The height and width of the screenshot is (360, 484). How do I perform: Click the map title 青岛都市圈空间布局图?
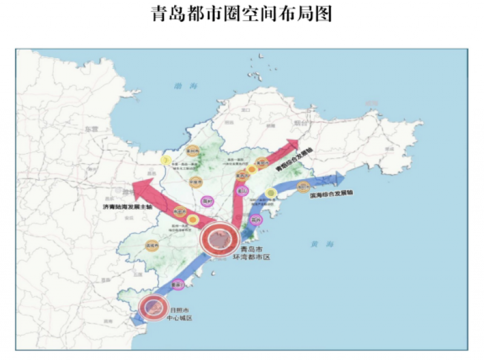[x=241, y=15]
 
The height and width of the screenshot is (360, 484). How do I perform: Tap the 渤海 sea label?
[x=181, y=86]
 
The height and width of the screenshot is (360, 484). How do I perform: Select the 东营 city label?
[x=91, y=129]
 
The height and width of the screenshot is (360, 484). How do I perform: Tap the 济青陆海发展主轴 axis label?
[x=127, y=207]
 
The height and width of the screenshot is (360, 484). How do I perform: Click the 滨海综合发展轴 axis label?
[x=330, y=195]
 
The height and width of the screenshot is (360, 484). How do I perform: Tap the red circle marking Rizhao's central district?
[x=152, y=307]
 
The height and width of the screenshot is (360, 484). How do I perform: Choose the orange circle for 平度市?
[x=195, y=180]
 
